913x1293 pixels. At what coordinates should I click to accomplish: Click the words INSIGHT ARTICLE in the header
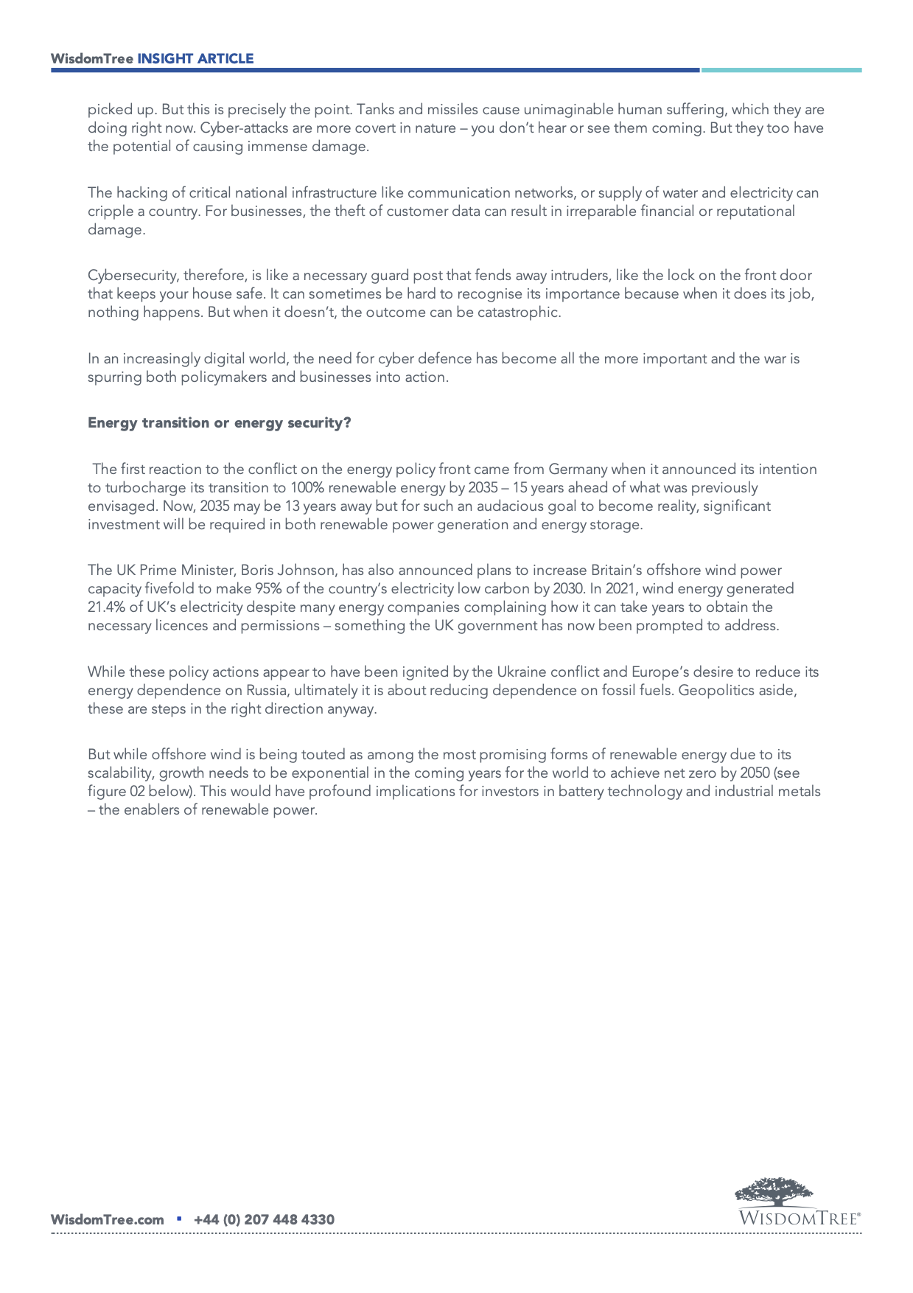(x=195, y=59)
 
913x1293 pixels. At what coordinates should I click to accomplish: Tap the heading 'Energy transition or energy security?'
(x=219, y=422)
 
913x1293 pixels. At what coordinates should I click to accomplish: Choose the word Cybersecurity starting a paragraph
(x=132, y=276)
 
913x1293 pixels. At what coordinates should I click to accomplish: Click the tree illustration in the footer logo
(x=774, y=1192)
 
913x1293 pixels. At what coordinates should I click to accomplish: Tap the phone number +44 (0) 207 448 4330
(x=264, y=1220)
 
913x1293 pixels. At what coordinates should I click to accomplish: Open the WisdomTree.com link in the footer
(x=108, y=1220)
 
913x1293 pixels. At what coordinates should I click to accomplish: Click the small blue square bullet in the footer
(x=179, y=1219)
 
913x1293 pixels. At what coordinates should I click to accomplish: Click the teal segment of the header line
(x=781, y=70)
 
